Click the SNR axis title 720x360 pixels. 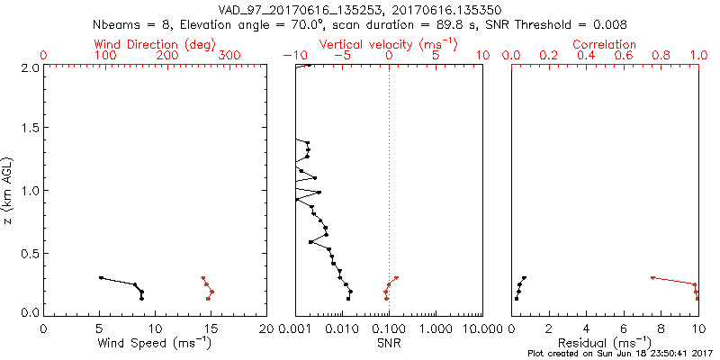tap(389, 342)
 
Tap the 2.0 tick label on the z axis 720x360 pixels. tap(29, 67)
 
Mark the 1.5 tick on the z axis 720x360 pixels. tap(29, 129)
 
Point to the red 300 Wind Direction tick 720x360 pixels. tap(229, 56)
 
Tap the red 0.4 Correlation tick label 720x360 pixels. tap(586, 56)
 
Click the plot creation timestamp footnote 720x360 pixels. tap(621, 354)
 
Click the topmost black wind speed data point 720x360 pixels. tap(101, 277)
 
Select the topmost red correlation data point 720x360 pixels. tap(652, 277)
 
